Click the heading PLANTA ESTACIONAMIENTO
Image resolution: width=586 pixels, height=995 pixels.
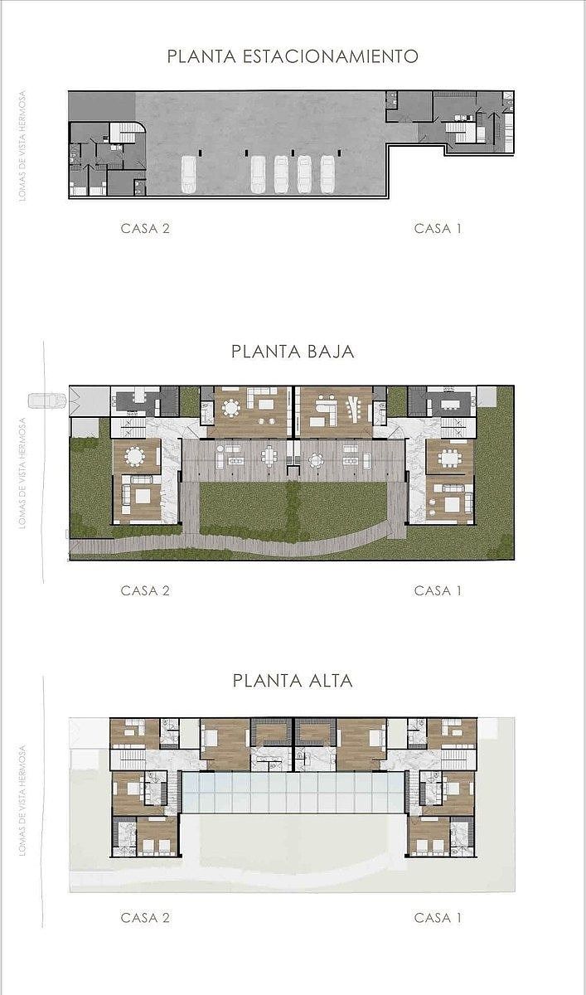pos(293,56)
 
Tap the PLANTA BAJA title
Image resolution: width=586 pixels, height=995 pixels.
pos(293,352)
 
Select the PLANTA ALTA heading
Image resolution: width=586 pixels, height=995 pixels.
pos(293,681)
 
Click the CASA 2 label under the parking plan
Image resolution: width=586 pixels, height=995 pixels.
pos(145,228)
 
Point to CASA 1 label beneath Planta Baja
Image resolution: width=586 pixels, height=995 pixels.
pos(438,590)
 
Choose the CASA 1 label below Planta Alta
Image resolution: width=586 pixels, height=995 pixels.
pos(438,917)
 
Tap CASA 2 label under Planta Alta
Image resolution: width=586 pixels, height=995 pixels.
pos(145,917)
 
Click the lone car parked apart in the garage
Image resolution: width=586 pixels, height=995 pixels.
pos(189,175)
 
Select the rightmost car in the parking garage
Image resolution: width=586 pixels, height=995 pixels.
pos(327,175)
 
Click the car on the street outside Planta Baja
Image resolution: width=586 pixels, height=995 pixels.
pos(47,400)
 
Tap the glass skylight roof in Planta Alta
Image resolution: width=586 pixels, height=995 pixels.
pos(293,793)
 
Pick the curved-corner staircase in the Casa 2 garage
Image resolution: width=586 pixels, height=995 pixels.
pos(127,133)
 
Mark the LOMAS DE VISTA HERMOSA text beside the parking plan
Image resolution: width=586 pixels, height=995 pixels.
pos(22,146)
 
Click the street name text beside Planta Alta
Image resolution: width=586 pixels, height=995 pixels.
pos(22,800)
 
